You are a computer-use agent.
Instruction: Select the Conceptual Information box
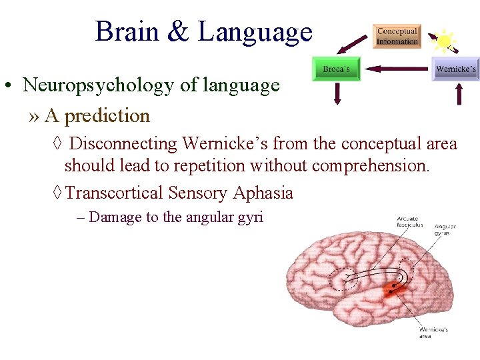tap(397, 36)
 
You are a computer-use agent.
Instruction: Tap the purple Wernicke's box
tap(455, 69)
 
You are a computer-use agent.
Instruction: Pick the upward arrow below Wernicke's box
tap(458, 93)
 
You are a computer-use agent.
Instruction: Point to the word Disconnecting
tap(123, 143)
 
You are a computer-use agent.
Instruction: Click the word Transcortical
tap(115, 193)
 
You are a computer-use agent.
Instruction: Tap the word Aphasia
tap(263, 193)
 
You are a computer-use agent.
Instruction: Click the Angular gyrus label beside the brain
tap(445, 230)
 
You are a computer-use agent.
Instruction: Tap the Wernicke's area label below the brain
tap(433, 332)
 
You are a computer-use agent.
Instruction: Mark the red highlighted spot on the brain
tap(397, 289)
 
